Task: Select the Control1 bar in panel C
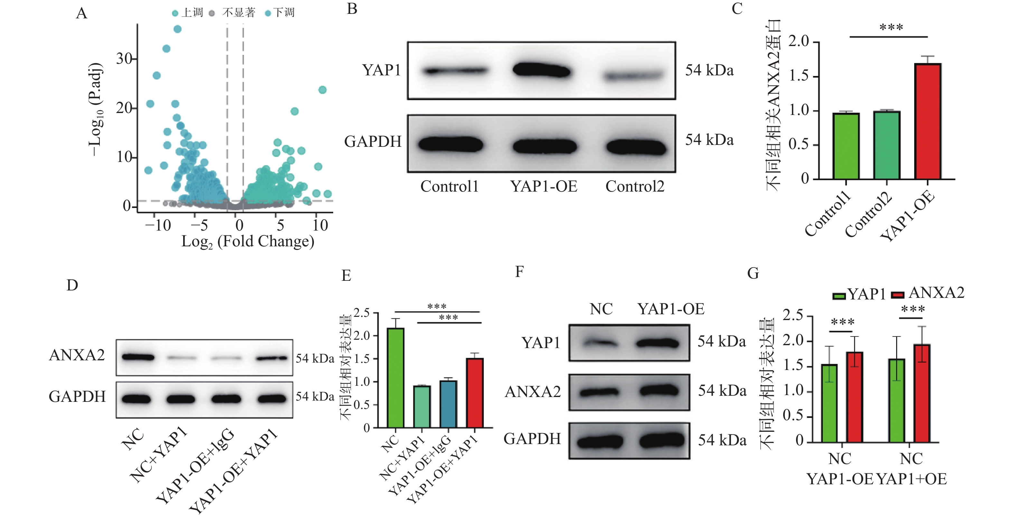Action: coord(846,146)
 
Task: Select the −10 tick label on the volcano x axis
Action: coord(158,225)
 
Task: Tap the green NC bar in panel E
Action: coord(395,378)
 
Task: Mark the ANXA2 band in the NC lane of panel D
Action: coord(138,357)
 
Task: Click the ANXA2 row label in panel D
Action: coord(77,355)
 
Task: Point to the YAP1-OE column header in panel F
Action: coord(671,309)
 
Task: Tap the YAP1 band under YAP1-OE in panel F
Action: coord(657,343)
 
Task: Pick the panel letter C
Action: coord(737,9)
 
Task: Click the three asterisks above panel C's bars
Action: coord(891,28)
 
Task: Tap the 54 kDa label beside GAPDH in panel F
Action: coord(722,440)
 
